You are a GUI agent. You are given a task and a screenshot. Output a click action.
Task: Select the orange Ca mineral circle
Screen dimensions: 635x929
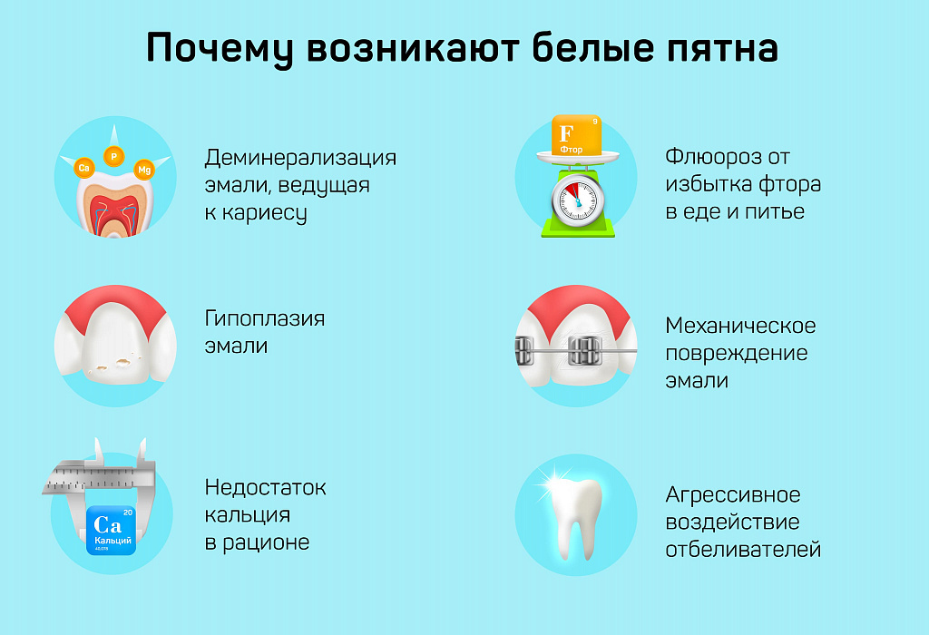tap(84, 167)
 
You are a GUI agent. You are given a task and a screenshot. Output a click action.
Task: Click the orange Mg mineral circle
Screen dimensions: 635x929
tap(143, 170)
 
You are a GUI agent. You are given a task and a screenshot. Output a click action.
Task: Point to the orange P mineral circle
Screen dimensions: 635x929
tap(114, 156)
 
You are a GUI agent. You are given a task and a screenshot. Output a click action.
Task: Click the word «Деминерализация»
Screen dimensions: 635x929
tap(300, 158)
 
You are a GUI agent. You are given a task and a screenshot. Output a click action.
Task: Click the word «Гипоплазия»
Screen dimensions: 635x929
tap(265, 319)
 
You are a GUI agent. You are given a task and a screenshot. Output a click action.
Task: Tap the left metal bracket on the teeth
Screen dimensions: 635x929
tap(524, 348)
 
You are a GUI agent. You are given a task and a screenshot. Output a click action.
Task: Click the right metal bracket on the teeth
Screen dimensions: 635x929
tap(585, 348)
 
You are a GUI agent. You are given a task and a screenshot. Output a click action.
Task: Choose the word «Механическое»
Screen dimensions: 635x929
tap(740, 326)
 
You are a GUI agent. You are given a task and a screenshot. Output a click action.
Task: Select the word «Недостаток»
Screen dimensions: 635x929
tap(265, 488)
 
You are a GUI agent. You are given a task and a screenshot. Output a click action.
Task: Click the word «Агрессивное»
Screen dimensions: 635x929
tap(733, 495)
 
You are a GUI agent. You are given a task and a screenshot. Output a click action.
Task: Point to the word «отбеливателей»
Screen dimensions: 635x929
tap(743, 550)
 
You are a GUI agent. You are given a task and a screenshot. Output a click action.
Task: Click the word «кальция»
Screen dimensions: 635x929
tap(247, 515)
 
